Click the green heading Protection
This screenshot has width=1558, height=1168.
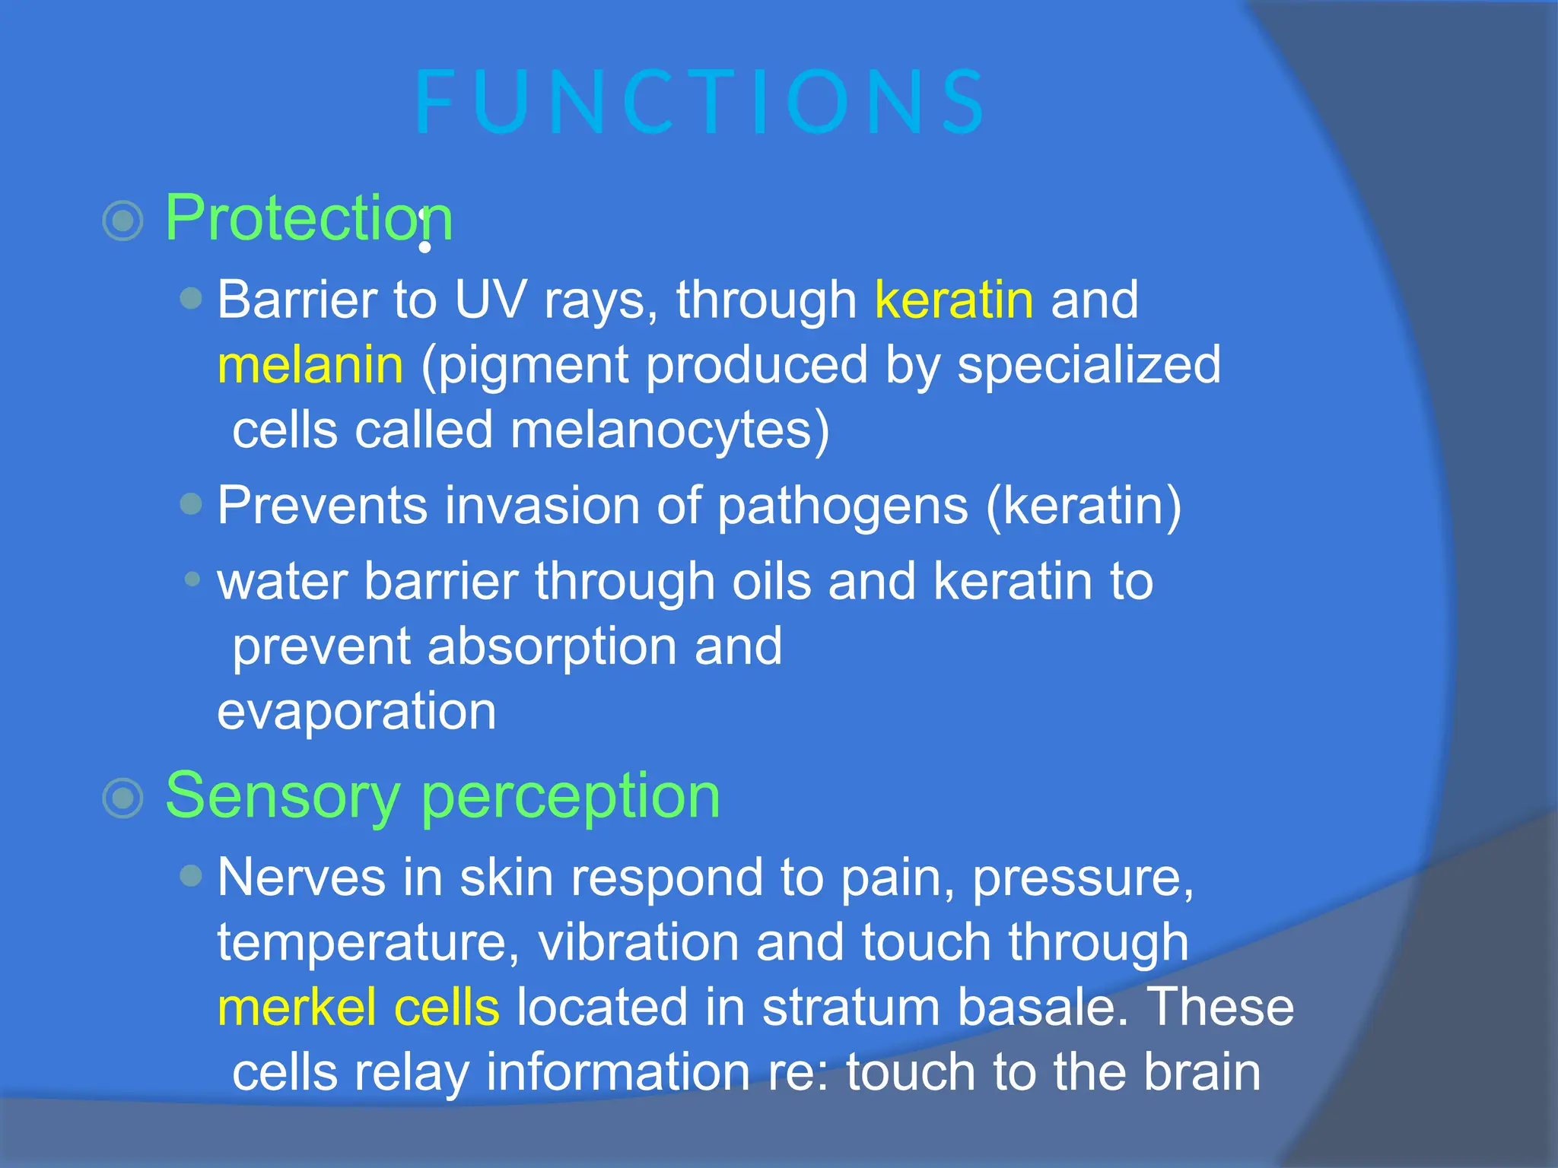(x=308, y=218)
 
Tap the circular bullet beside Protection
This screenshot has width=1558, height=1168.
(x=122, y=221)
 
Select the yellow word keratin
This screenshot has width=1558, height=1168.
(x=954, y=300)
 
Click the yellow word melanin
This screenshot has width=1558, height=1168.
(x=310, y=365)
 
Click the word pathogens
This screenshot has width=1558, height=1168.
(x=843, y=506)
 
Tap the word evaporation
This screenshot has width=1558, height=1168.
(x=356, y=712)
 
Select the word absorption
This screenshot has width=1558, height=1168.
(x=552, y=646)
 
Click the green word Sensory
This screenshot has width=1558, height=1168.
(x=282, y=796)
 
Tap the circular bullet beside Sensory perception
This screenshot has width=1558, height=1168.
(x=122, y=798)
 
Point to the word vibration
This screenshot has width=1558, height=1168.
(x=638, y=943)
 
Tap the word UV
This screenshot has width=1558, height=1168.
(x=490, y=300)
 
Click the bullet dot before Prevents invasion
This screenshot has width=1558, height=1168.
(x=192, y=503)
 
